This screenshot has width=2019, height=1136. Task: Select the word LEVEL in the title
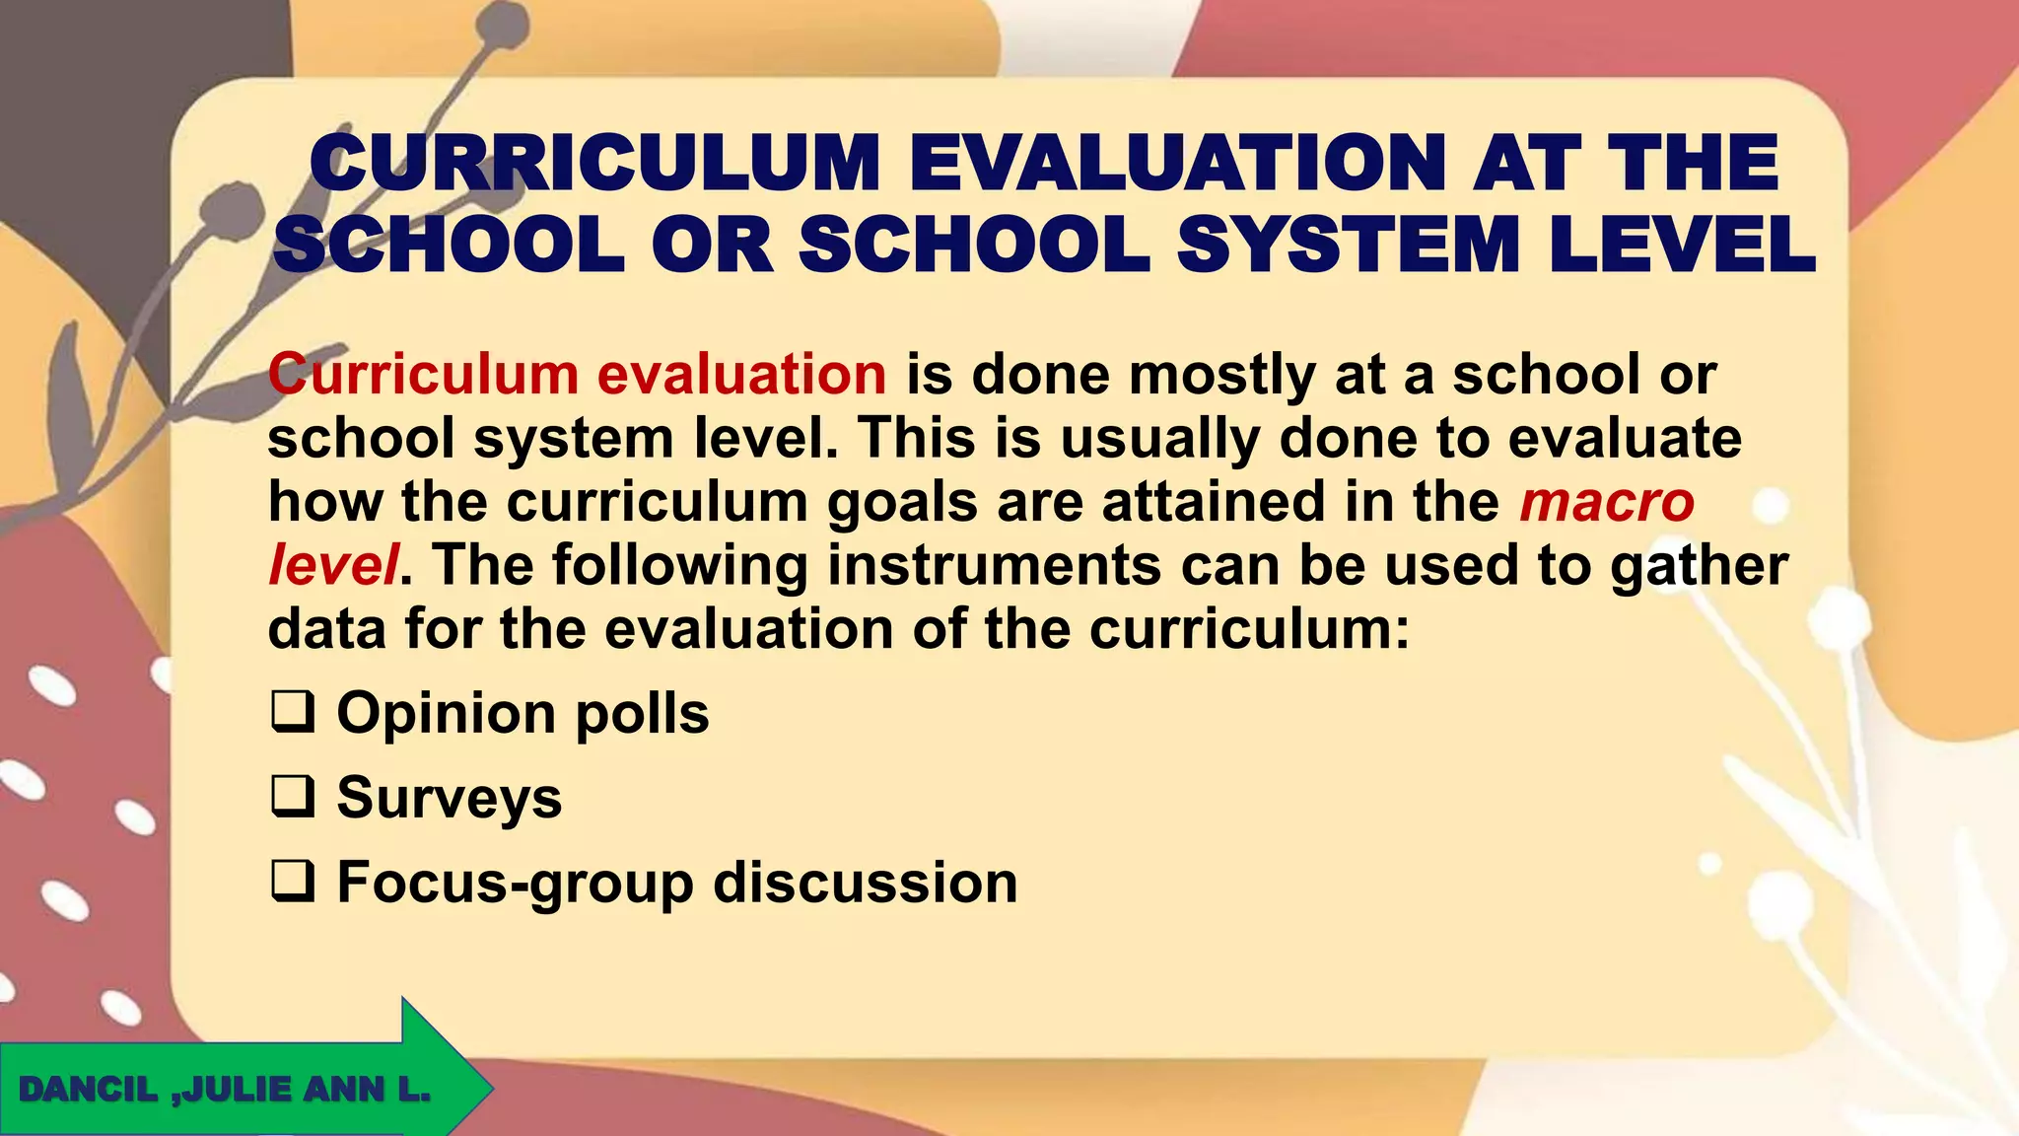tap(1682, 246)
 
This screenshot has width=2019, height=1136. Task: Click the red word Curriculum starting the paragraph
tap(423, 375)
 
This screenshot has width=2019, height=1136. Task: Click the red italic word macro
tap(1607, 502)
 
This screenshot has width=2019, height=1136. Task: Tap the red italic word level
tap(333, 565)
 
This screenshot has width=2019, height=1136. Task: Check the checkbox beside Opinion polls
tap(293, 713)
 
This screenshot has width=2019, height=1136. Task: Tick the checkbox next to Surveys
tap(293, 798)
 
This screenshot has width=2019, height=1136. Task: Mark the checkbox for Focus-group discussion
tap(293, 883)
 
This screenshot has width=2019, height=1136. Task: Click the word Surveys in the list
tap(450, 798)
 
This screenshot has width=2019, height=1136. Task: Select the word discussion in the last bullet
tap(865, 883)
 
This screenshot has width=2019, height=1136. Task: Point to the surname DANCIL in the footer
tap(88, 1090)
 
